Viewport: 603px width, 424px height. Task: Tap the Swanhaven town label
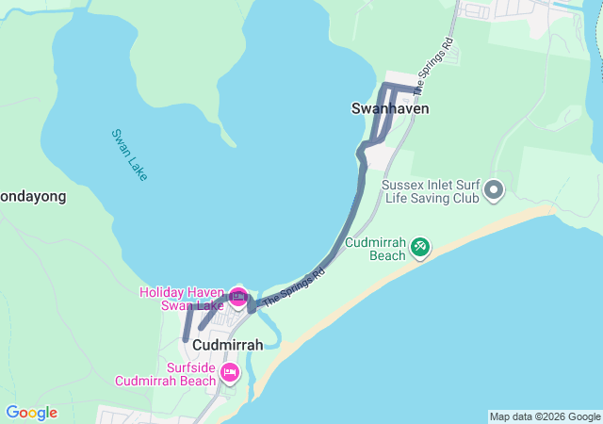[x=390, y=108]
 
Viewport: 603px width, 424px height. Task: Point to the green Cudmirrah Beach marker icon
[x=419, y=248]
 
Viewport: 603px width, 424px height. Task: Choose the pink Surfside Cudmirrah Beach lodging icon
[x=229, y=374]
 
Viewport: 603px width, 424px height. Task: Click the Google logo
[x=31, y=413]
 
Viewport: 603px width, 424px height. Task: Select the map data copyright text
[x=545, y=416]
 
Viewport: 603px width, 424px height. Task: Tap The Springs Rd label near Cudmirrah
[x=294, y=287]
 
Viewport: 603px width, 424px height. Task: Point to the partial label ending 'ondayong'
[x=32, y=197]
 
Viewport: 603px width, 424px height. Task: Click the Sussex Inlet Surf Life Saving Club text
[x=432, y=192]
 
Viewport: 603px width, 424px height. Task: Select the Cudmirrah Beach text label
[x=374, y=248]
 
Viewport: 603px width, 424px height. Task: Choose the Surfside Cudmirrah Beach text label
[x=166, y=374]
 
